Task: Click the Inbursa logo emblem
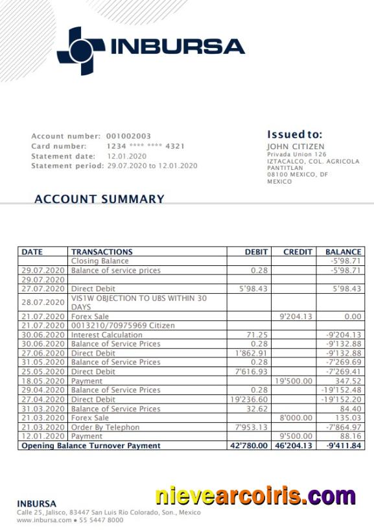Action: click(80, 51)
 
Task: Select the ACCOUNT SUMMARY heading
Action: click(99, 199)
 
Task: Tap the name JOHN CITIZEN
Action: click(296, 147)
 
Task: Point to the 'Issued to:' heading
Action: click(294, 134)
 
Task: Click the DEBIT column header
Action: click(256, 252)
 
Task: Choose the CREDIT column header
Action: click(298, 252)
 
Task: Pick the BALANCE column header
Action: click(343, 252)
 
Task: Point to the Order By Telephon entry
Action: click(105, 428)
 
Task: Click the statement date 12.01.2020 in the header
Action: click(126, 156)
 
